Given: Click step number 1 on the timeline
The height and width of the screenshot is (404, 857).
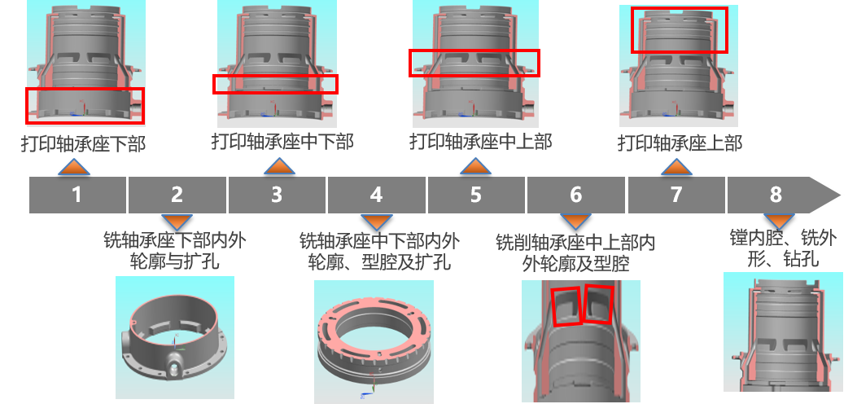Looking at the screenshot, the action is coord(77,195).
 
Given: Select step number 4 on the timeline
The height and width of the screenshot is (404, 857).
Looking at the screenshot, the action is coord(376,195).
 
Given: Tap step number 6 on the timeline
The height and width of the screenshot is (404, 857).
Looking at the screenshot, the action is coord(575,195).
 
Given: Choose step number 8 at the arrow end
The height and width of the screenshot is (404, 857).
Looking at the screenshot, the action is coord(776,195).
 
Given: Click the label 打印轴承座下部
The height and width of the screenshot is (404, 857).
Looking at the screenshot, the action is coord(84,144).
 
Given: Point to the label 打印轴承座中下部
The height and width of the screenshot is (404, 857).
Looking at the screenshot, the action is coord(282,142).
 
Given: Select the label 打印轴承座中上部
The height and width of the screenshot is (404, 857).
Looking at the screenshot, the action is coord(481,142).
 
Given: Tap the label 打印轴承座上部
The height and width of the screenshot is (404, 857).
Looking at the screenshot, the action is coord(680,143).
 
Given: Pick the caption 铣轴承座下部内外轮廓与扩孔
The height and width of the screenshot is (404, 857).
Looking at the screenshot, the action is coord(175,250).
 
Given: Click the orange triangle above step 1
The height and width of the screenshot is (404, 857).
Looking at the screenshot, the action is coord(74,167).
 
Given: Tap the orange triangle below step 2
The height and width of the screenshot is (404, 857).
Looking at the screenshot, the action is coord(177,222).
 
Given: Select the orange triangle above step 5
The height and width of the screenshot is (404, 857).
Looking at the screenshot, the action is coord(475,166).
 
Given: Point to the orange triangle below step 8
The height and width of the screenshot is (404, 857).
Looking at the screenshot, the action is coord(778,222).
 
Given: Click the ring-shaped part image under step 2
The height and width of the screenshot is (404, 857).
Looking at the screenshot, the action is coord(175,337).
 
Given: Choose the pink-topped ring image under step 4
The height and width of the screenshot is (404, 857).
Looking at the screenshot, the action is coord(374,342).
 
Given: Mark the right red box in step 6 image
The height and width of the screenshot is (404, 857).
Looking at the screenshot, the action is coord(598,304).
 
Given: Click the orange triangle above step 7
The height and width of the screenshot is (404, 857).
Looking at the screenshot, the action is coord(676,167).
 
